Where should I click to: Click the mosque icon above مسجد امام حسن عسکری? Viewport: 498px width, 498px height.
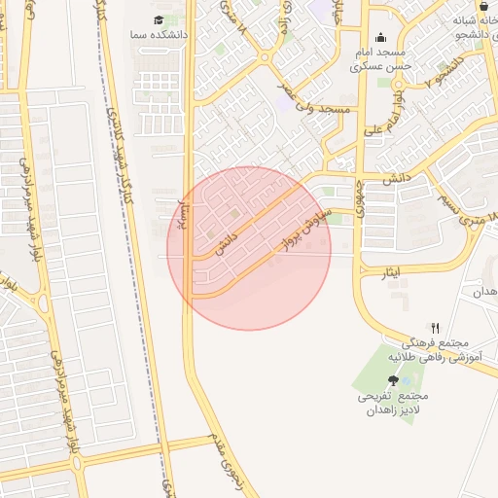point(378,39)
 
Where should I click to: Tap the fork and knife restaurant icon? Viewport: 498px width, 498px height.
point(435,329)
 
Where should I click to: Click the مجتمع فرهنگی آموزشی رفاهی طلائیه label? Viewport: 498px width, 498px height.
point(435,351)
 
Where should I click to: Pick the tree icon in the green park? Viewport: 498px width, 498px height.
point(393,381)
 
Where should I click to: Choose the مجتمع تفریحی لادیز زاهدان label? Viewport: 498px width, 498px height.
point(392,404)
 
